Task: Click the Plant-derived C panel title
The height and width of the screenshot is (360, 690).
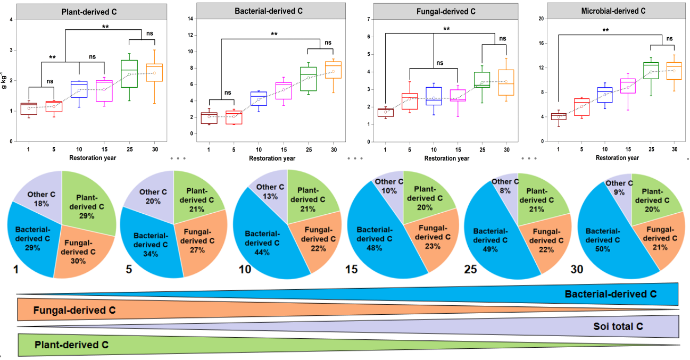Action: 90,11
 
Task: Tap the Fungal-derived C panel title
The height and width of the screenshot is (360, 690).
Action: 446,11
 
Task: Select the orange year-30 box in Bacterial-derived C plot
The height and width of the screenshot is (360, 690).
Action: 333,70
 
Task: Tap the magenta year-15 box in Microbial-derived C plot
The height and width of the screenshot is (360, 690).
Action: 628,86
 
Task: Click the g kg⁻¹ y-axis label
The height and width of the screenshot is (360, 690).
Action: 5,80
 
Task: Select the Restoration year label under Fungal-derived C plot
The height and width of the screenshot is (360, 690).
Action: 447,158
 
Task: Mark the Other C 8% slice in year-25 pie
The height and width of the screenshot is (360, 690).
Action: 501,187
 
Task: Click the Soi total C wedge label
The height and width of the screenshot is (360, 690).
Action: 618,326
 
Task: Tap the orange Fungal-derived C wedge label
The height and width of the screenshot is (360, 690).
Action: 74,310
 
